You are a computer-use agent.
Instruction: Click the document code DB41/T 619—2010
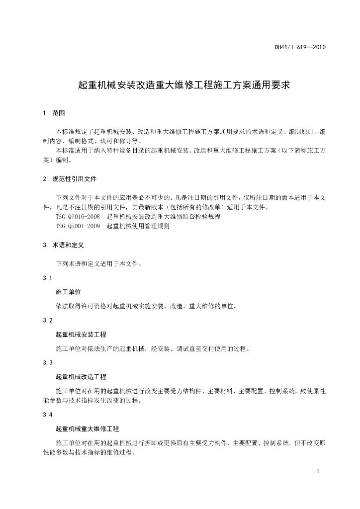point(300,48)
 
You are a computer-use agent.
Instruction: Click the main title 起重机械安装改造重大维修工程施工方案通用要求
point(184,85)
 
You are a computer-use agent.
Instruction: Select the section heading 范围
point(59,113)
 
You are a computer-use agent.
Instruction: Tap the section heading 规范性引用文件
point(75,178)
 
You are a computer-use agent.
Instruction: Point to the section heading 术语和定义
point(68,245)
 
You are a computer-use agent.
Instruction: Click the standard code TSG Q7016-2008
point(78,217)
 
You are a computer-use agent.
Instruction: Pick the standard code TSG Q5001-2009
point(78,226)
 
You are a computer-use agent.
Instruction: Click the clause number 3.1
point(48,278)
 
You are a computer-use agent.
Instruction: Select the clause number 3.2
point(48,320)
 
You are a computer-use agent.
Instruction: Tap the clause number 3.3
point(48,362)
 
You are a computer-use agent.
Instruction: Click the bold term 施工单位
point(68,292)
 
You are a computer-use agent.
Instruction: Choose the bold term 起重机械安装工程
point(81,334)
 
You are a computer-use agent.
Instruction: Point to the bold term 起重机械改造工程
point(81,377)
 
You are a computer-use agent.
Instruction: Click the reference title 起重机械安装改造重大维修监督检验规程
point(164,217)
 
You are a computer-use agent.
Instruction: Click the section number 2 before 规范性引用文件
point(45,178)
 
